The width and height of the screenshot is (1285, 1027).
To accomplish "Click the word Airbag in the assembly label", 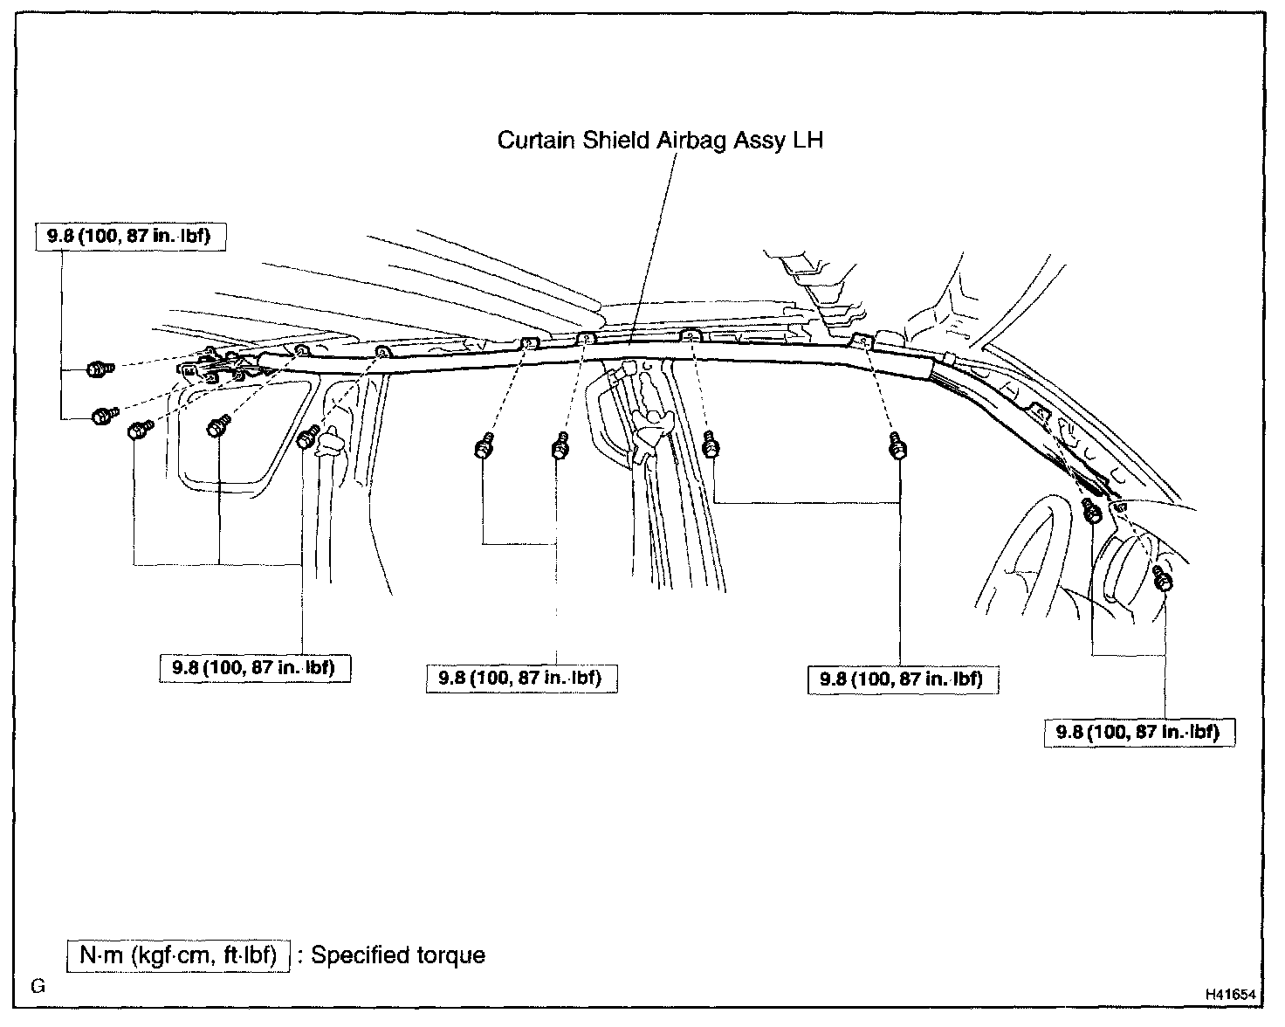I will [x=691, y=140].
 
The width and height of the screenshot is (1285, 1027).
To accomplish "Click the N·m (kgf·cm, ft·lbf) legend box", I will [x=178, y=955].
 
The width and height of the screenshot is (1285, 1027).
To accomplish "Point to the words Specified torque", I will [x=398, y=955].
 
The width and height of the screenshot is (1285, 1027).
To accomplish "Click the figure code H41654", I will [x=1231, y=994].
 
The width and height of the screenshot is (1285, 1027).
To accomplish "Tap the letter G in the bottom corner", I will [x=38, y=988].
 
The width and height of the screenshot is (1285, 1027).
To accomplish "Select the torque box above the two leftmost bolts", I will [x=131, y=237].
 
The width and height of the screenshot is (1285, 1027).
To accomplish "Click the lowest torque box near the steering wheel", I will [x=1140, y=732].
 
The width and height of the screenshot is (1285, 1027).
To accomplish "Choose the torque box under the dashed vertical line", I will [x=521, y=678].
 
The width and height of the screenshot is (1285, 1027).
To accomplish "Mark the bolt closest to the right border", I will [x=1163, y=578].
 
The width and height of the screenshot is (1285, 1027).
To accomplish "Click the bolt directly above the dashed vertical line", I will [x=560, y=449].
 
